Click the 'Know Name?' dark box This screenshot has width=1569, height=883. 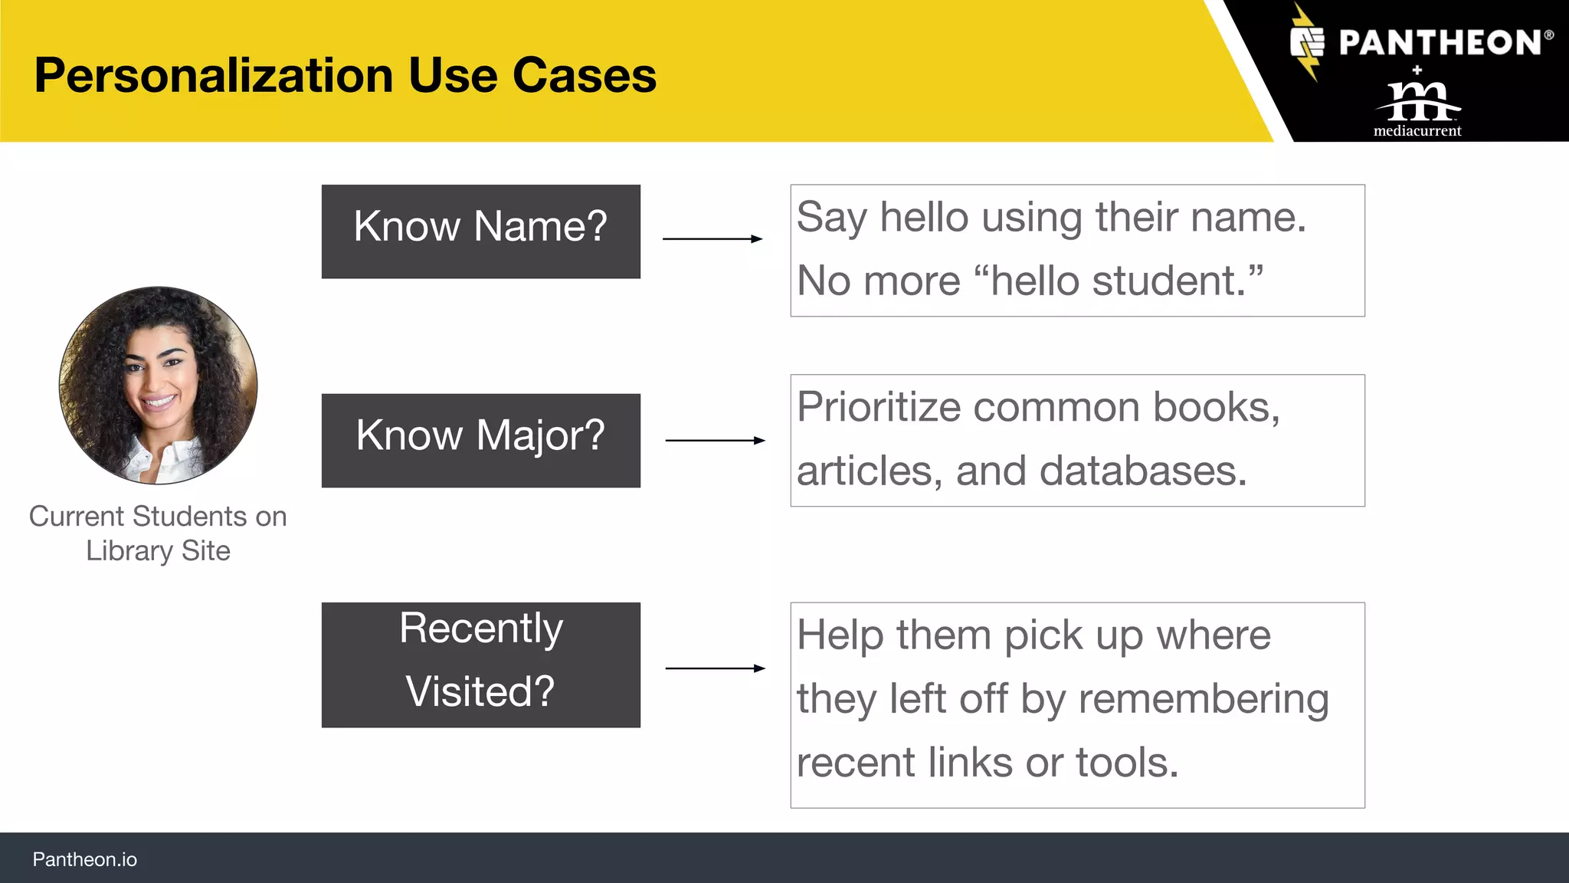coord(480,231)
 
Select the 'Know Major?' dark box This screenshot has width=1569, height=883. coord(480,440)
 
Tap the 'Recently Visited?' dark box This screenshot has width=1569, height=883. coord(480,664)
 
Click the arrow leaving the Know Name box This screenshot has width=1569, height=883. coord(712,239)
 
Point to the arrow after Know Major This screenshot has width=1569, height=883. coord(715,441)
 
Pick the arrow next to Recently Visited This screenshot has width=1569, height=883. coord(715,668)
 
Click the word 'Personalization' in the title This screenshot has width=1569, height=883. coord(214,76)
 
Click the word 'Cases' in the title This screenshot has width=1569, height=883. coord(584,76)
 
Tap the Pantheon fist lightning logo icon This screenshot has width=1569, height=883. coord(1307,43)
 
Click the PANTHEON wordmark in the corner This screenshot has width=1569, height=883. coord(1440,43)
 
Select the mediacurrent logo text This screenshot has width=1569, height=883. coord(1417,130)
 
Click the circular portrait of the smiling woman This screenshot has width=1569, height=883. coord(159,386)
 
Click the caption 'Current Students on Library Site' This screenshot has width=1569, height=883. coord(158,533)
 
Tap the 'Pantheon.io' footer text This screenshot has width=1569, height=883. coord(84,859)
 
